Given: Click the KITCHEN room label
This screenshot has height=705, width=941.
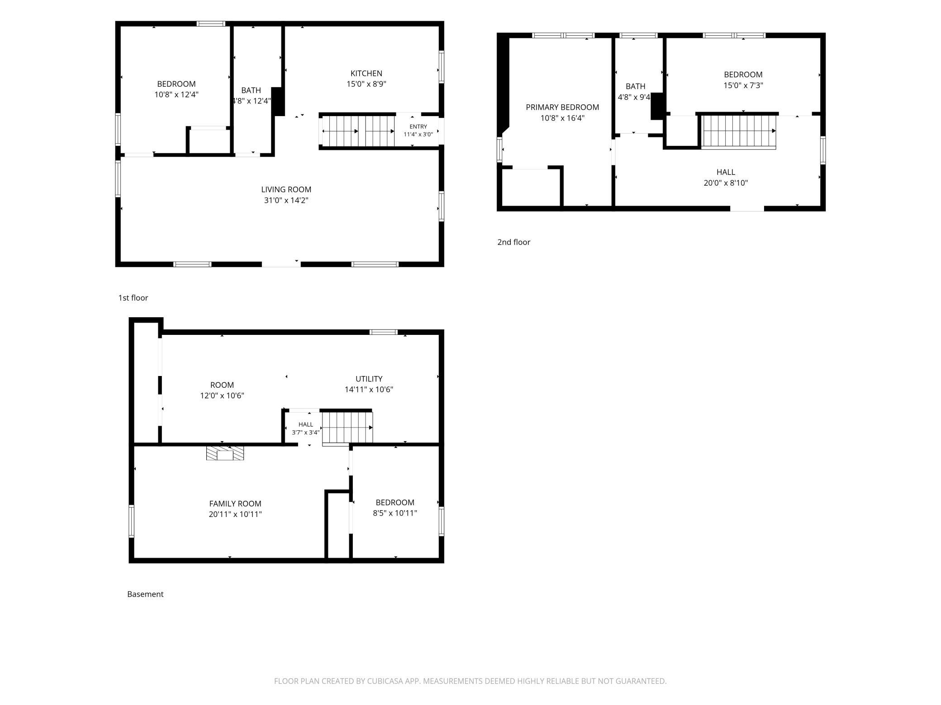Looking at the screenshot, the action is (366, 73).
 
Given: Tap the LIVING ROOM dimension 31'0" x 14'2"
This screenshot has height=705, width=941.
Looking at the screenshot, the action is (286, 200).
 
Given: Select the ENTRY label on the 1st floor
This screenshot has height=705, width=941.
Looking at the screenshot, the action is (418, 127).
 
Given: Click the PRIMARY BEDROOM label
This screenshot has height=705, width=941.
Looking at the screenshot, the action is (562, 107).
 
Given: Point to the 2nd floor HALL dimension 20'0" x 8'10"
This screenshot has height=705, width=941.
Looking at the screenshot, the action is (726, 183).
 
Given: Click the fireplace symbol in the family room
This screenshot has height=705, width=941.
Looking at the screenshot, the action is (225, 453).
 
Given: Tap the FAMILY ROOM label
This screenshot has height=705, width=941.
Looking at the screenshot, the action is (235, 503).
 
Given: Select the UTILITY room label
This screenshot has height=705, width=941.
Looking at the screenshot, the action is (369, 379).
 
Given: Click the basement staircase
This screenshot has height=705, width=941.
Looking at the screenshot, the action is (347, 428).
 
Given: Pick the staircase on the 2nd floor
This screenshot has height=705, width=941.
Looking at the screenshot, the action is (739, 132).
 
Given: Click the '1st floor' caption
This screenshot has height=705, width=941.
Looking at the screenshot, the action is (133, 298).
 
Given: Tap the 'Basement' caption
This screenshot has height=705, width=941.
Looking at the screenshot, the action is (145, 594).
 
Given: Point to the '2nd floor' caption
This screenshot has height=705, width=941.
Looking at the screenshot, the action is (513, 242).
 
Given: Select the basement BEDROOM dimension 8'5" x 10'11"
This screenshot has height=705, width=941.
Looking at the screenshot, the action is (395, 513).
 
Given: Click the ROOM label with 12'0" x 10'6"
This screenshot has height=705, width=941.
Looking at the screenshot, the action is (222, 385).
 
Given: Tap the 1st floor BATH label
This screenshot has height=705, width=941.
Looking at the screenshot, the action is (251, 90).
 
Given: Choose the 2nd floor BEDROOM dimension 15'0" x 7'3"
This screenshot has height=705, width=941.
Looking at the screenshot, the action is (743, 85).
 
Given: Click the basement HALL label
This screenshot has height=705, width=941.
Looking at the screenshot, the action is (306, 424).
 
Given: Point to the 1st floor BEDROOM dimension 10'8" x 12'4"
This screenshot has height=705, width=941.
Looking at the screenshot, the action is (176, 94).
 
